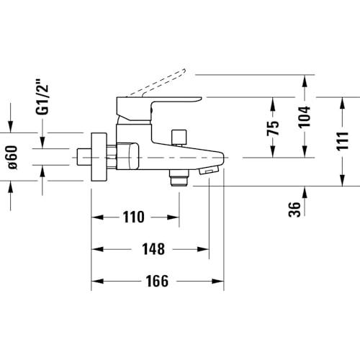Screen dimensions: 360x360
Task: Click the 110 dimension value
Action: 134,217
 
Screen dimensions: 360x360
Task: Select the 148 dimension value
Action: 153,249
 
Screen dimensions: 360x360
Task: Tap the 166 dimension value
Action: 157,281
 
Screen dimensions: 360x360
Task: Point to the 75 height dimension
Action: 273,127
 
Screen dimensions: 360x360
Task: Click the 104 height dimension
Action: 304,117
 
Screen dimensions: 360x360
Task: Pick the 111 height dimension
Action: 342,141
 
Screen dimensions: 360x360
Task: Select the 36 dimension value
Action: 294,210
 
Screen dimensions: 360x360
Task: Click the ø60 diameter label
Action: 13,158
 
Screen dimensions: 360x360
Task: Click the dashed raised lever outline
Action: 158,83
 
